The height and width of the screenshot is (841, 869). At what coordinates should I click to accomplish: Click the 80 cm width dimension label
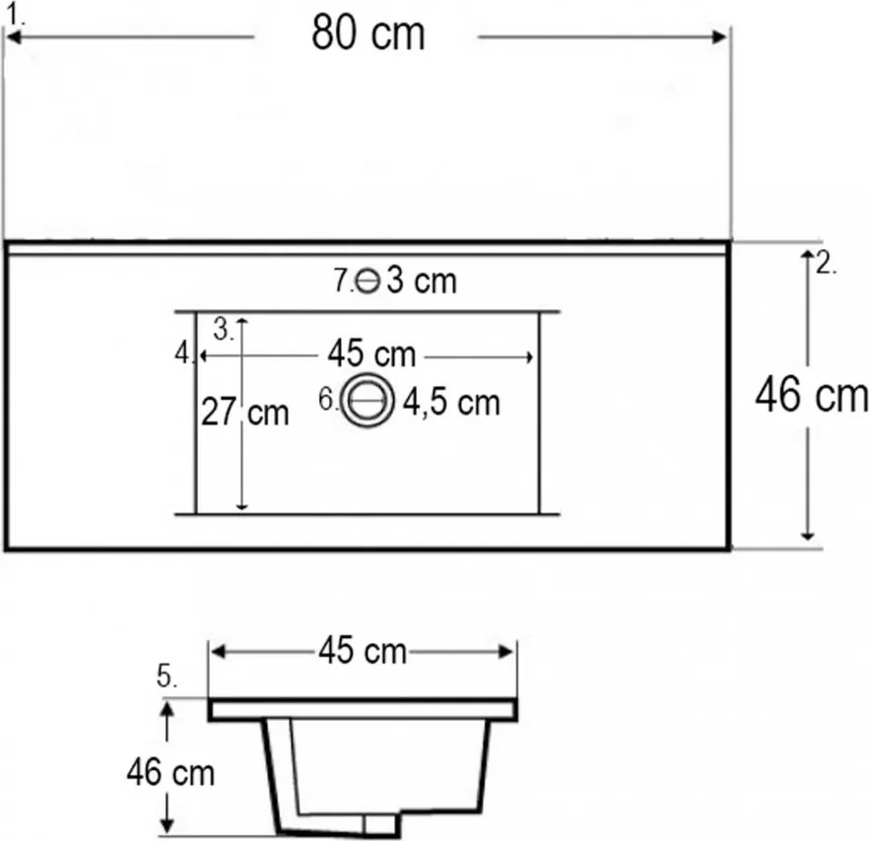(368, 32)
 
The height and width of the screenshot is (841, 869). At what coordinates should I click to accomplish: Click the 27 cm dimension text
(244, 413)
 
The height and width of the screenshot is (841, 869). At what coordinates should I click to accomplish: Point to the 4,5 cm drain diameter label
(451, 402)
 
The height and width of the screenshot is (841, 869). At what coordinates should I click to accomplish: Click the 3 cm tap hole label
(422, 281)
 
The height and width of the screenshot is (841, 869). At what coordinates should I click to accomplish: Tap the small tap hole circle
(368, 281)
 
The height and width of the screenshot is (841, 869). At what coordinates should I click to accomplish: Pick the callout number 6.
(328, 399)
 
